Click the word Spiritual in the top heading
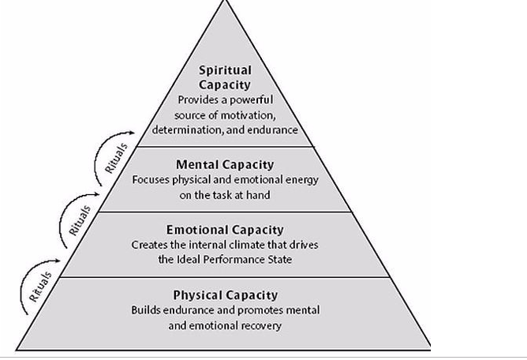click(x=225, y=70)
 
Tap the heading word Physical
click(x=201, y=295)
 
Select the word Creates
click(x=149, y=245)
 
